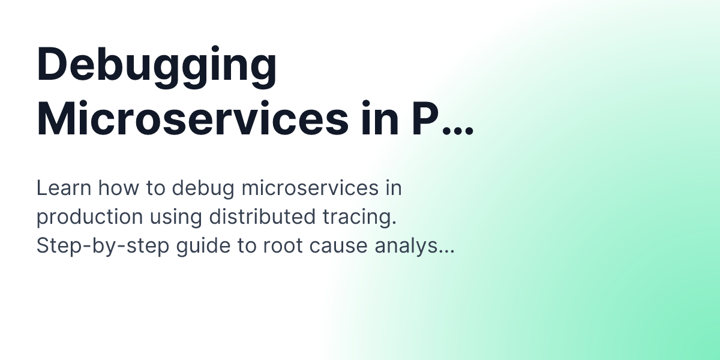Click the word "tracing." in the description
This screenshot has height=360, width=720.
pyautogui.click(x=363, y=218)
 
